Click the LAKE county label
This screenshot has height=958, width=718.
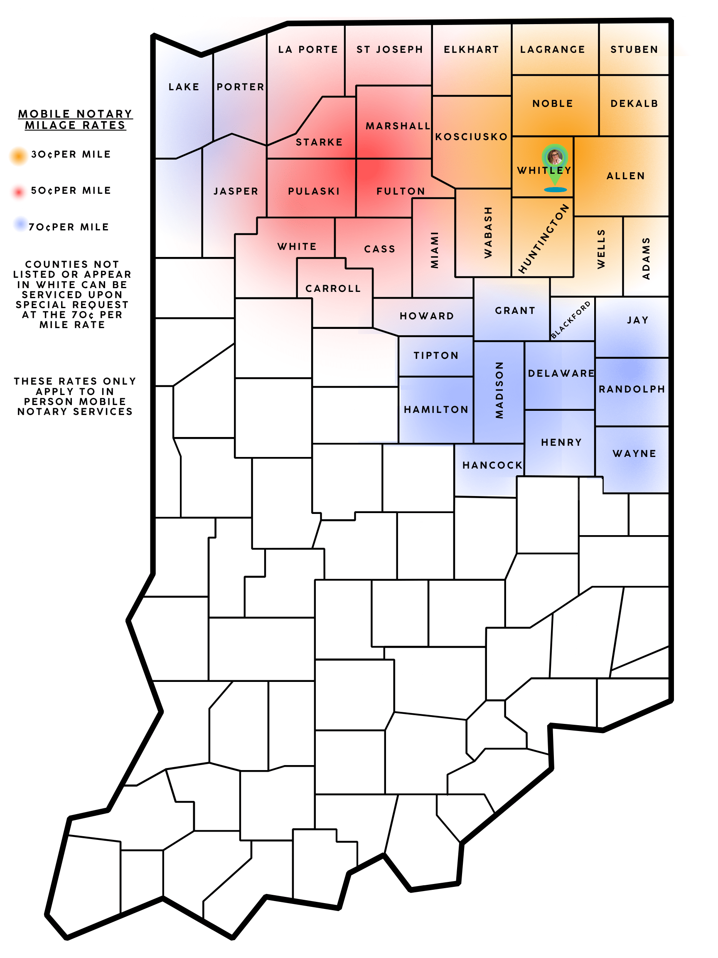184,87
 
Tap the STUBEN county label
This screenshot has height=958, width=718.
634,49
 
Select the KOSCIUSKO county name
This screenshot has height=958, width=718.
471,137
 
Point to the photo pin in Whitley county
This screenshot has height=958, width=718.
554,157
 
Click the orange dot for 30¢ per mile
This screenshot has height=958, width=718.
19,156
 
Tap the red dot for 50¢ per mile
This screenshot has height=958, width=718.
19,192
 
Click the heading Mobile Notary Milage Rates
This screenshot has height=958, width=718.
75,119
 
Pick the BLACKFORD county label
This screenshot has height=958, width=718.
570,320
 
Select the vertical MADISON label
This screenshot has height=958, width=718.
499,390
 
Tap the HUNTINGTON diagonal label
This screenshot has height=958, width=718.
543,239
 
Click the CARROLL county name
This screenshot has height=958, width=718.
333,289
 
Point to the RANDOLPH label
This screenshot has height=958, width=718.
632,389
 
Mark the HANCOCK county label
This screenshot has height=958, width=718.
492,465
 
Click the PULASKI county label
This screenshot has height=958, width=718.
314,191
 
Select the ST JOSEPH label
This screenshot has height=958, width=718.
389,49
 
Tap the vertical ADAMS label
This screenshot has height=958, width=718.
646,258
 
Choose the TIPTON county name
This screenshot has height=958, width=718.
435,356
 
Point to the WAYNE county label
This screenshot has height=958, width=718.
634,454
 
